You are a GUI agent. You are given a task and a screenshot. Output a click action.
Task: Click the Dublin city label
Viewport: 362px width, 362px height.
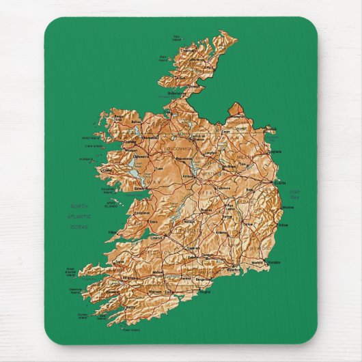pos(279,183)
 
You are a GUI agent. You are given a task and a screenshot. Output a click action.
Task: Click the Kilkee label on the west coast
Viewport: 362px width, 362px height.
pos(113,234)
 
